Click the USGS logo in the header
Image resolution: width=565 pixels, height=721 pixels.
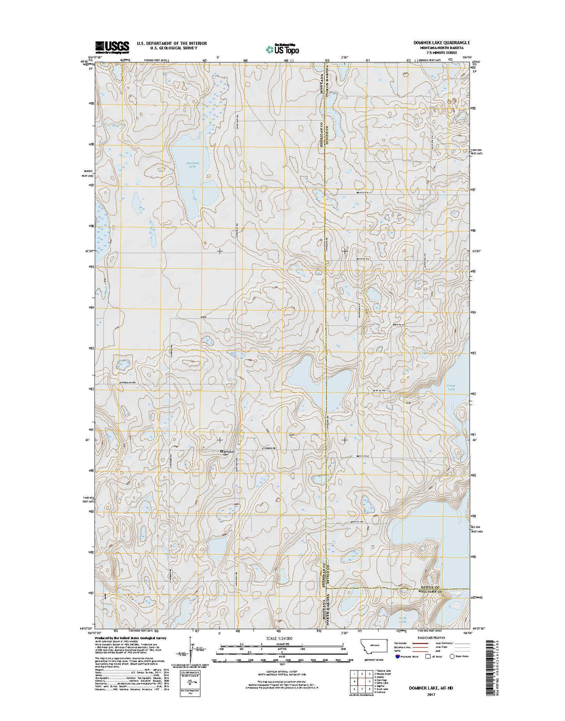click(112, 46)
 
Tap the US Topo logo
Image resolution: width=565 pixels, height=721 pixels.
click(282, 48)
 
